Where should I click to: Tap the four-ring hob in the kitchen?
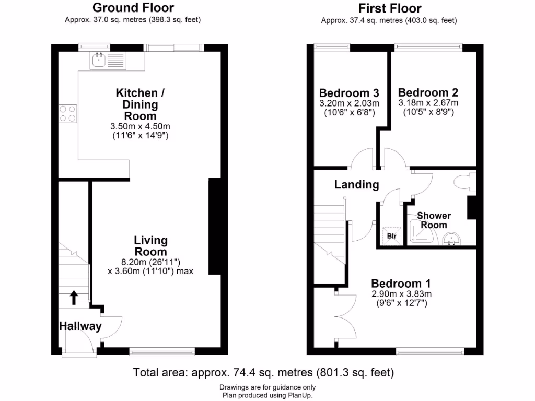click(x=67, y=113)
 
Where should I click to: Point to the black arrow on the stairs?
click(x=74, y=297)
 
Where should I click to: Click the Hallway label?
click(x=80, y=326)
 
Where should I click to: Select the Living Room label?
click(x=150, y=245)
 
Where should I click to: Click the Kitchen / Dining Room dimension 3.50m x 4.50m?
click(x=141, y=126)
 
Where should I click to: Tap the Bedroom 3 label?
click(x=346, y=92)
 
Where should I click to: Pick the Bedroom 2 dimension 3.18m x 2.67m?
click(x=428, y=103)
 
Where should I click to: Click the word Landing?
click(x=356, y=184)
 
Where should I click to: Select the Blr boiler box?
click(x=391, y=235)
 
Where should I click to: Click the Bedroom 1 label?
click(x=401, y=284)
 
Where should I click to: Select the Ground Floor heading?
click(x=133, y=8)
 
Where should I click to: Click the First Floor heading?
click(x=390, y=8)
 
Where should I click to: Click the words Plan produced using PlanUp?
click(x=267, y=395)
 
